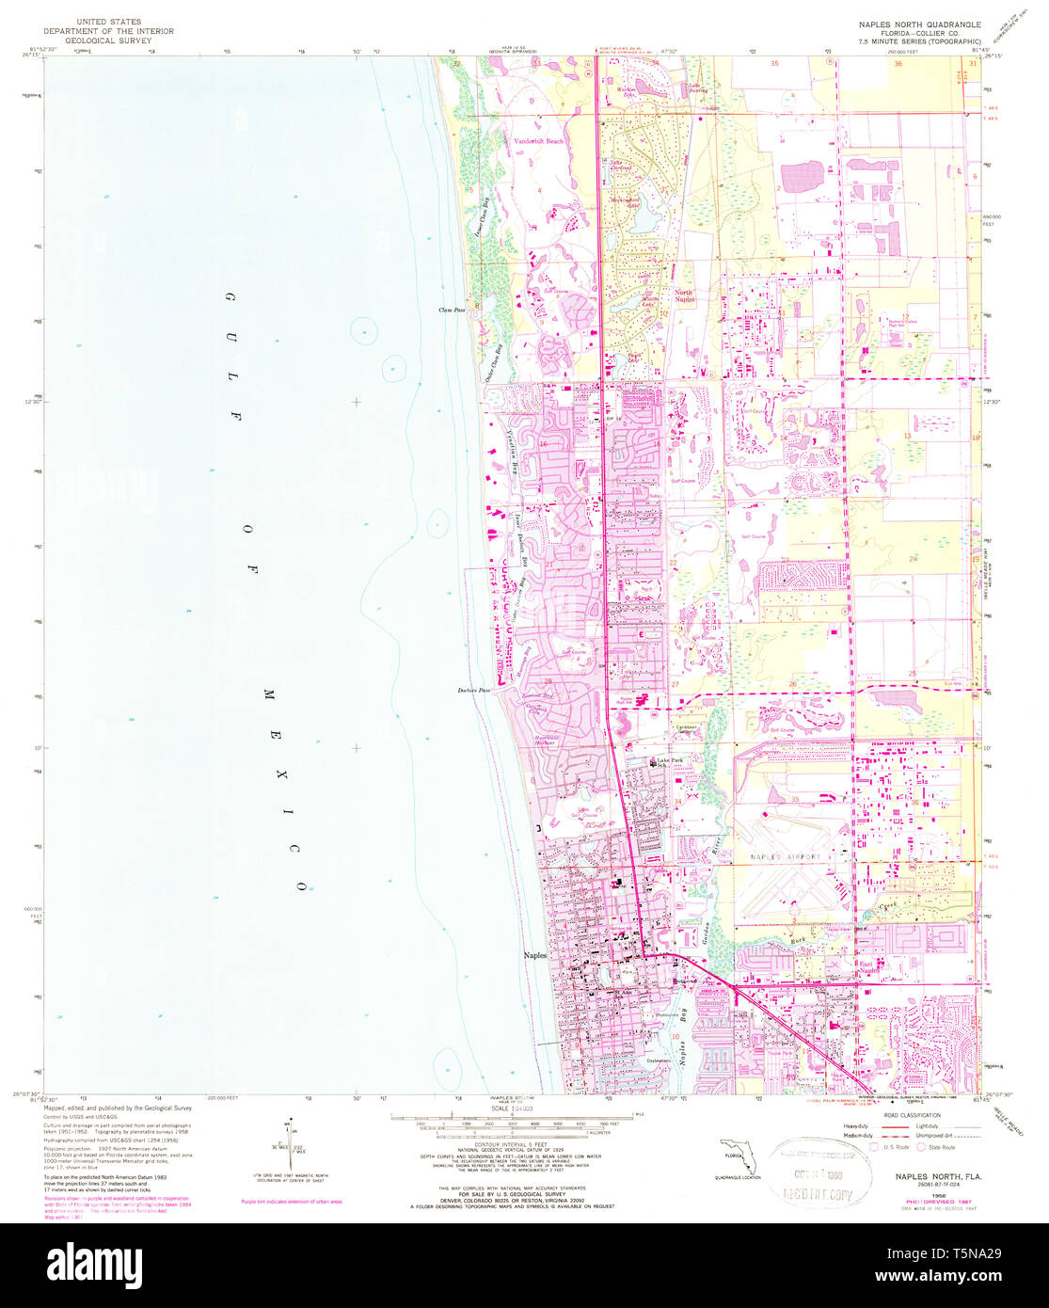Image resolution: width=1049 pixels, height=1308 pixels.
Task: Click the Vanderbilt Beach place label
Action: point(539,141)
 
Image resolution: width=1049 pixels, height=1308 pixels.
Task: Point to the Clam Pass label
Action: point(452,310)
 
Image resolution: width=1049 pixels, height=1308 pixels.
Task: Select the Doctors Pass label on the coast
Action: point(475,690)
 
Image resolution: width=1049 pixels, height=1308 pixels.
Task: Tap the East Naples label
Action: point(840,976)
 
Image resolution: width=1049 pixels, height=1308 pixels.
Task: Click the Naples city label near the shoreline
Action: point(535,954)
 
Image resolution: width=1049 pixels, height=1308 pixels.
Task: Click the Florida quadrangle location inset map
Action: point(734,1156)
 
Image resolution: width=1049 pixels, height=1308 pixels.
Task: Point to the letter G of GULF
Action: point(228,297)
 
